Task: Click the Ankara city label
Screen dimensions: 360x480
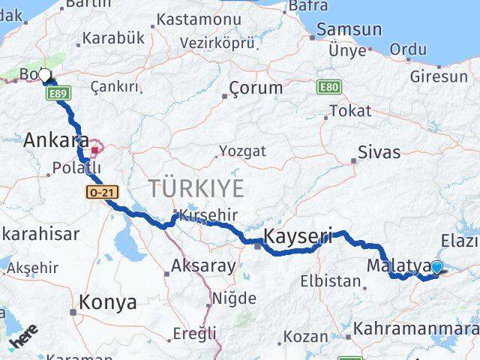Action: (x=56, y=140)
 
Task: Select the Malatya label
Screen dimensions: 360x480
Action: (x=397, y=266)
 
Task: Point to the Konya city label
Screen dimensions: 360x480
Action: (x=108, y=303)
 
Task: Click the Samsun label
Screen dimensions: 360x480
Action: (x=349, y=31)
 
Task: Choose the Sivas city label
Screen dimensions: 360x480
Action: (x=379, y=152)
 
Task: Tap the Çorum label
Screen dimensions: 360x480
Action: (x=256, y=88)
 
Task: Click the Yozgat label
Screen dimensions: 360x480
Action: (x=241, y=151)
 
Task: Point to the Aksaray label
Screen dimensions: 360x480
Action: (x=203, y=265)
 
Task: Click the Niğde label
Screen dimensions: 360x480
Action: (x=234, y=298)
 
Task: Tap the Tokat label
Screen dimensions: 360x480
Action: (x=350, y=111)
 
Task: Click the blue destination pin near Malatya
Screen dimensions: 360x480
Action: (x=436, y=266)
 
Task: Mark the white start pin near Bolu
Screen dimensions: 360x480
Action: (x=45, y=75)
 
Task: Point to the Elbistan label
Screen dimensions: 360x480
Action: (x=331, y=282)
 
